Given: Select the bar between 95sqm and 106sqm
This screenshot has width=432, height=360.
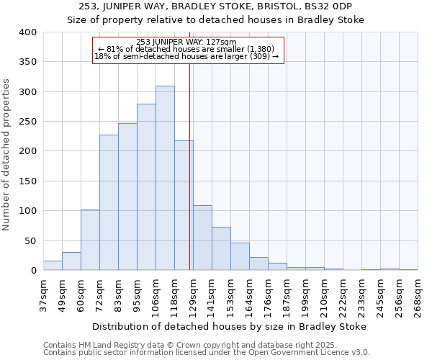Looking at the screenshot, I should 146,187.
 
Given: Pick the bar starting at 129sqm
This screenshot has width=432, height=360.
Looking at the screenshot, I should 202,238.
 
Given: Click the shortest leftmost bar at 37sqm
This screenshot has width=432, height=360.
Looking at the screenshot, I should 53,266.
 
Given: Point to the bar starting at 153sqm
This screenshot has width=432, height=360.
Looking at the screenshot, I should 240,256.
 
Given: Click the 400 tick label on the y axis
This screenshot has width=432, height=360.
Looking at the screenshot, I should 27,32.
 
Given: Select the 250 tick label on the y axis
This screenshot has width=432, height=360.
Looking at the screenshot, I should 27,122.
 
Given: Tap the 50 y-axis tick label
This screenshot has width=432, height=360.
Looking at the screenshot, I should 30,240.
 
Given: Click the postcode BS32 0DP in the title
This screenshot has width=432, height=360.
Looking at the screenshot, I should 338,6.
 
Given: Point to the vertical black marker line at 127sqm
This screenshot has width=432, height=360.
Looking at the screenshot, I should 189,166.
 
